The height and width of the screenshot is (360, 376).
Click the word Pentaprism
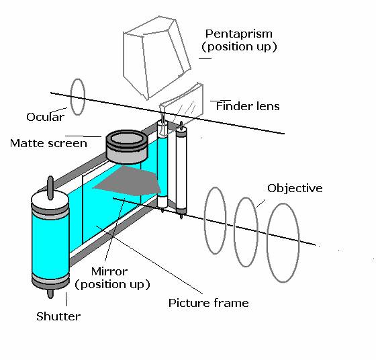239,34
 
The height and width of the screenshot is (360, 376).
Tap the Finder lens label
248,106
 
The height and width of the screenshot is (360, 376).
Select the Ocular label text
46,117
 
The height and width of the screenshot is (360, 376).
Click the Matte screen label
48,143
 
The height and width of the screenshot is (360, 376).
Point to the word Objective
295,188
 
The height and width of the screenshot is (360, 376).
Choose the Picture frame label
208,303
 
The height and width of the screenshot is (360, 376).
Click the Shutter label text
58,316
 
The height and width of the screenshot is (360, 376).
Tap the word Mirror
109,271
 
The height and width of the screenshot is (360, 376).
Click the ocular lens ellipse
71,97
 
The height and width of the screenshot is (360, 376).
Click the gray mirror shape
128,181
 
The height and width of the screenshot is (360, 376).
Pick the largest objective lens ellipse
268,242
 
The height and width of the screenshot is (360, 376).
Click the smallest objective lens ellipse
205,221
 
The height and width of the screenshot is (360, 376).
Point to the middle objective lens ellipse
234,232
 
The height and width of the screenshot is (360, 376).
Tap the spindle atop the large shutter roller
50,188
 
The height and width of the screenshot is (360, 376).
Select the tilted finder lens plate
182,105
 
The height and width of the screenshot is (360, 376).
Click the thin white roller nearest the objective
181,171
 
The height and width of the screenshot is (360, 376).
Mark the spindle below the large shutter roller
50,294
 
